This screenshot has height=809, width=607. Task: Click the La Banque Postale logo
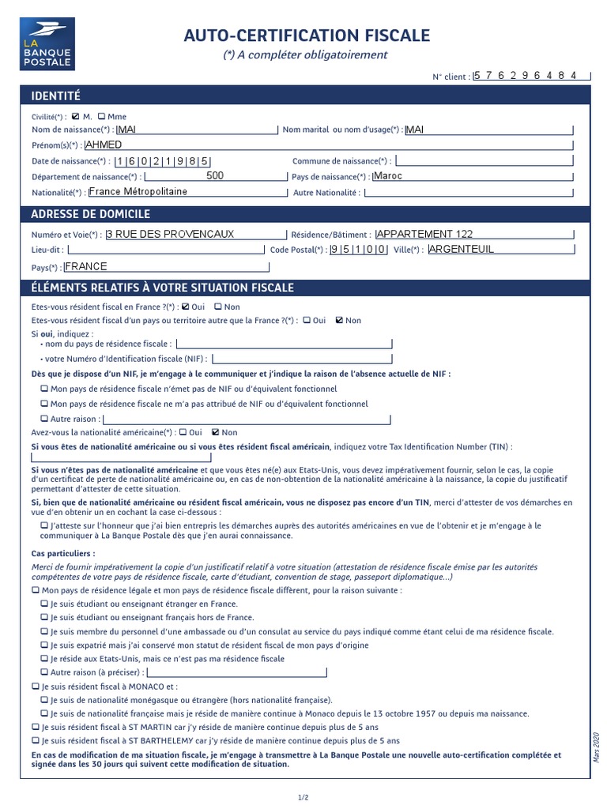[47, 43]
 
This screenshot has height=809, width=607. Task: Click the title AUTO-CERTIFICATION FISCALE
[307, 36]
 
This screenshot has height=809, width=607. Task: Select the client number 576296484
[531, 75]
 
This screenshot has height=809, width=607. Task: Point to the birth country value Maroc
[387, 176]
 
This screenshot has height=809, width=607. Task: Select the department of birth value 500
[214, 176]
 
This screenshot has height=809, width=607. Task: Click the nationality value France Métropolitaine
[138, 191]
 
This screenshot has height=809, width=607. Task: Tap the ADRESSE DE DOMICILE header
[90, 214]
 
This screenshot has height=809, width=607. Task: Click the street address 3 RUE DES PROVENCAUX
[170, 234]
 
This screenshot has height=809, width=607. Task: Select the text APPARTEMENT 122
[424, 234]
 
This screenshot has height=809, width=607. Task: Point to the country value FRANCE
[85, 266]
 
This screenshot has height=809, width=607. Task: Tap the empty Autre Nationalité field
[469, 192]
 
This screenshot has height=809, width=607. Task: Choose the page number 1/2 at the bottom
[303, 797]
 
